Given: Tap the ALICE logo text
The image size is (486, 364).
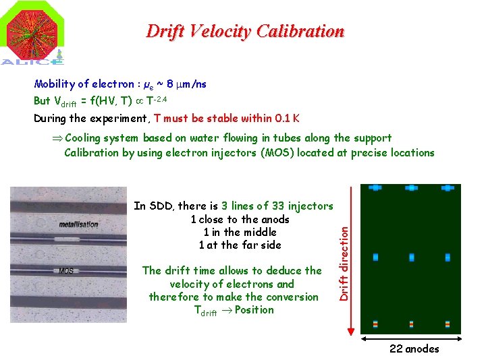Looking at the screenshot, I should [32, 61].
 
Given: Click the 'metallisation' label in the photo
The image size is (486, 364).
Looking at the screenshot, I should [78, 224].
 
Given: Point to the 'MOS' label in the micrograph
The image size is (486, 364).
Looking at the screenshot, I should [66, 271].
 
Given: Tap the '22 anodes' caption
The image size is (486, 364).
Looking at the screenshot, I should [414, 348].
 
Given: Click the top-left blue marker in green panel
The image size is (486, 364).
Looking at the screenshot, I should [376, 188].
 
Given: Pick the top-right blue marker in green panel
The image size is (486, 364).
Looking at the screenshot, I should [447, 188].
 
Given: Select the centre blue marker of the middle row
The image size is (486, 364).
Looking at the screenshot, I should [411, 257].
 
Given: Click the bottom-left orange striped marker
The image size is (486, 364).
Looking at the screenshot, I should [376, 324].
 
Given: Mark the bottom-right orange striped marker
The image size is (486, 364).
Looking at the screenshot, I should [447, 324].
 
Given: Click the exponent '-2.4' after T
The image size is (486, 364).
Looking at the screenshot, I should [159, 98].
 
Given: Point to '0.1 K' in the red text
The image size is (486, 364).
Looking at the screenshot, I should [286, 119].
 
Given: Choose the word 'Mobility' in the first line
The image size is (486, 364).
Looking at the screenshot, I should [54, 84].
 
